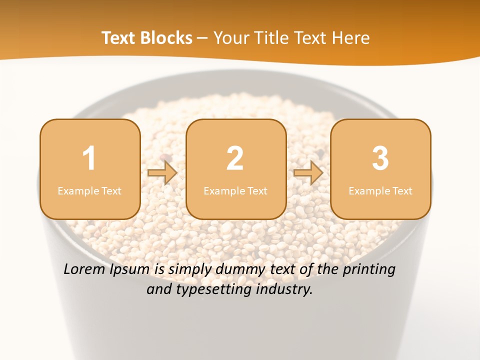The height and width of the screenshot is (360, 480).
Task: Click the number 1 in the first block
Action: point(89,158)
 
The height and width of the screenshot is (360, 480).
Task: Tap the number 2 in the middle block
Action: point(235,158)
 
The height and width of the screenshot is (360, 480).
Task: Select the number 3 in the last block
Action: point(380,158)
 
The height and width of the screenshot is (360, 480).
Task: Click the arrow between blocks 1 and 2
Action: point(162,173)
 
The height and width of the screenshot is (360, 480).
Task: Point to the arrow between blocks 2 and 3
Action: point(308,173)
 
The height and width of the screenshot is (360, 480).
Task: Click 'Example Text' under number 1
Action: point(89,190)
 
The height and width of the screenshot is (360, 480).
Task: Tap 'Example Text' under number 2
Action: point(235,190)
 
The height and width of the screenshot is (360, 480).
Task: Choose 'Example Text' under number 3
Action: point(380,190)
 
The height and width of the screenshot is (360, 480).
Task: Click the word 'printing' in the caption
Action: point(369,270)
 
